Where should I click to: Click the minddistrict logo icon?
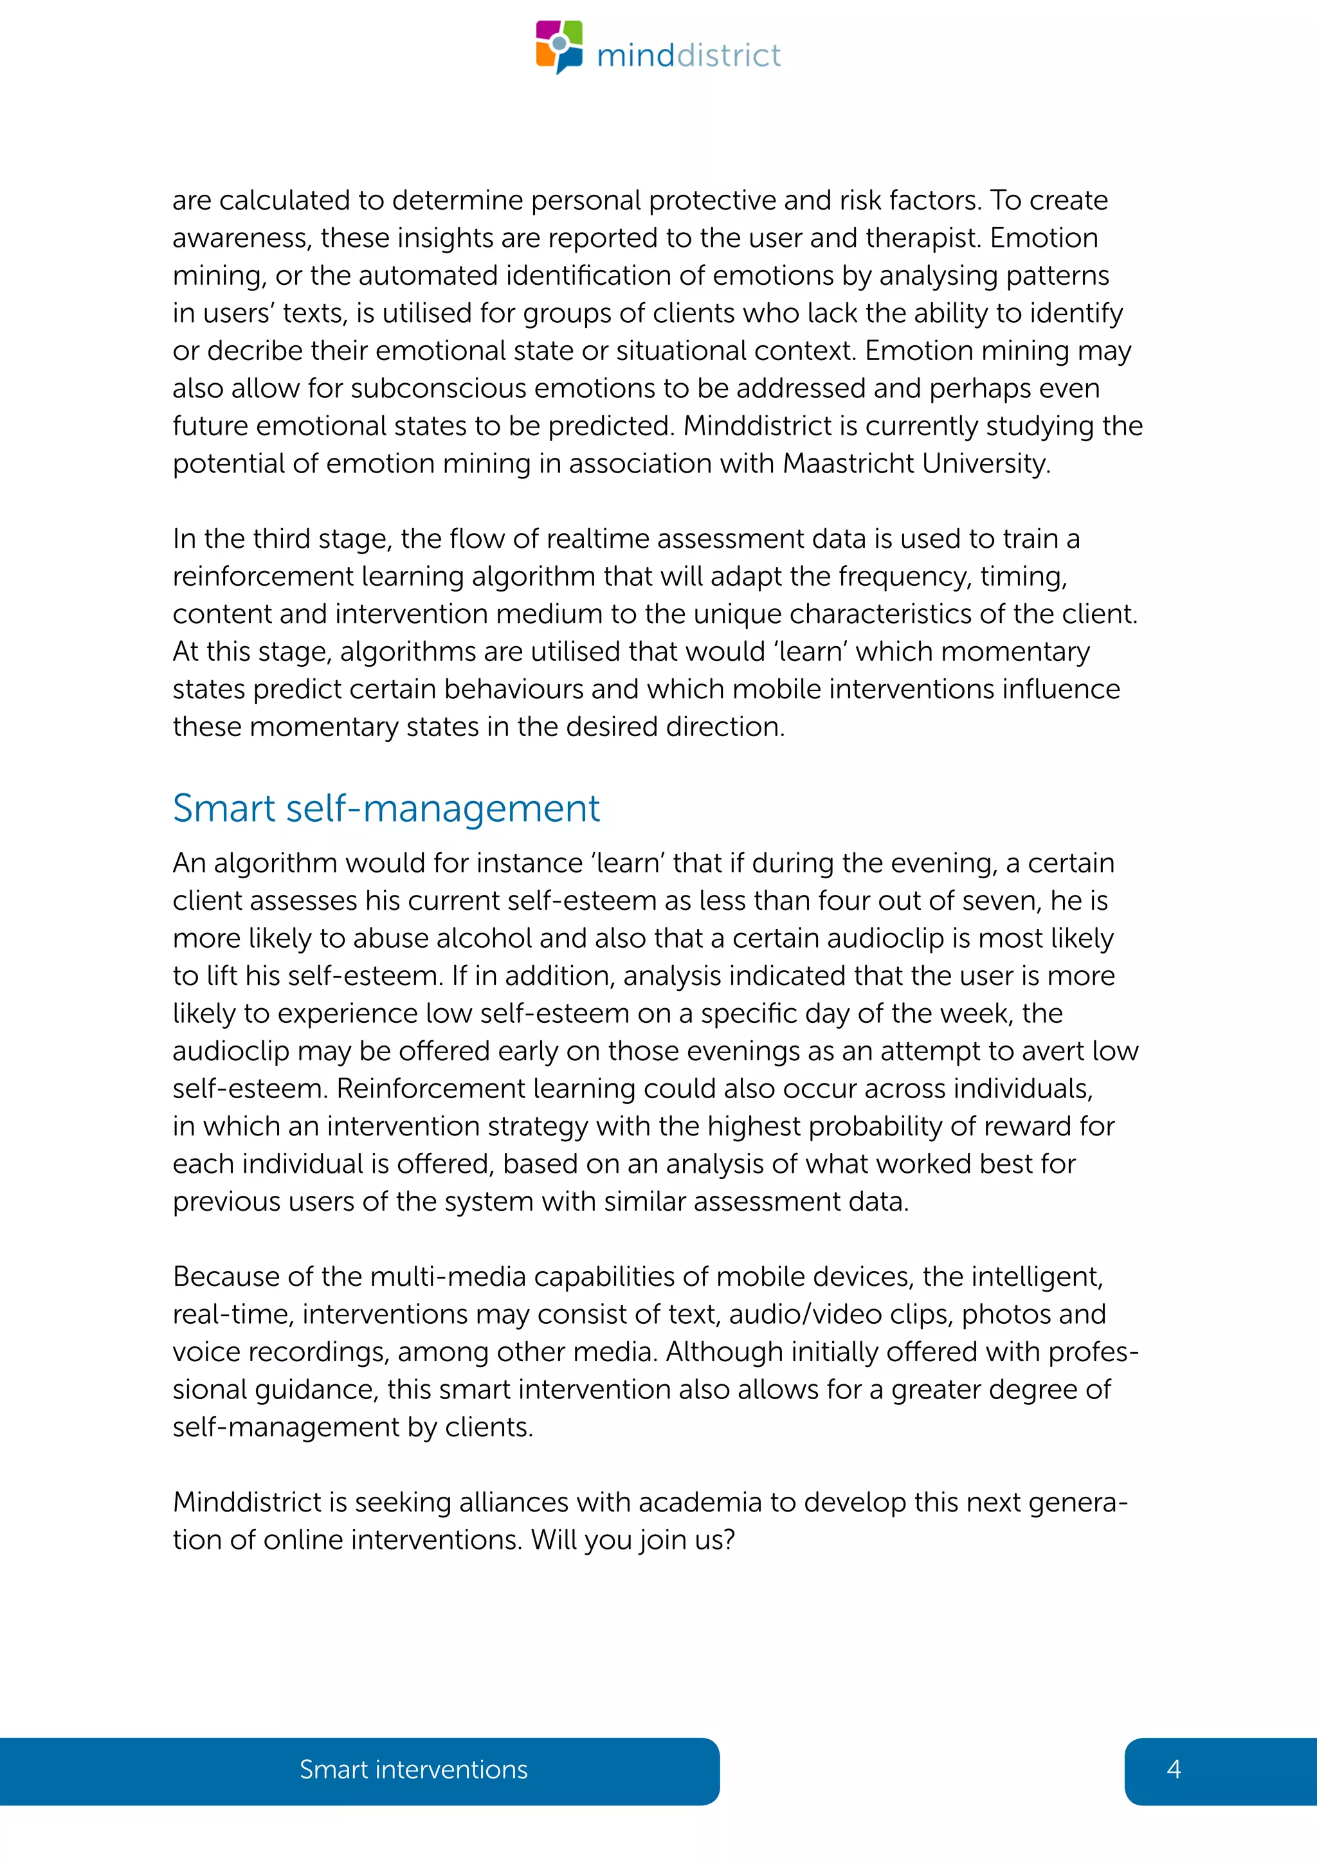559,46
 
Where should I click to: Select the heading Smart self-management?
386,809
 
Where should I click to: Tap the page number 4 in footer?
1173,1769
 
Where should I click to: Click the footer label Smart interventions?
413,1769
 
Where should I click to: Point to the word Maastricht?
848,463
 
